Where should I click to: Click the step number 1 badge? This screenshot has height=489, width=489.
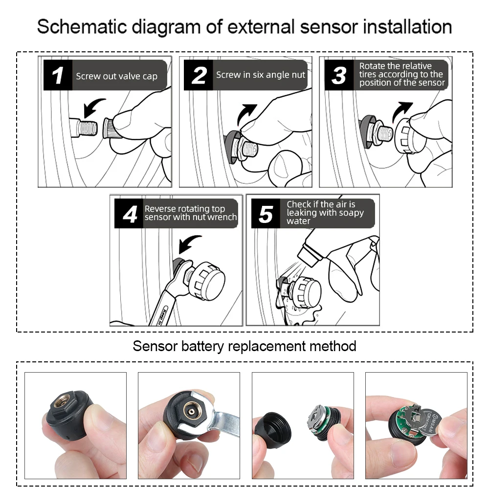pos(58,75)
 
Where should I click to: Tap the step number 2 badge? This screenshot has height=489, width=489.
pos(199,75)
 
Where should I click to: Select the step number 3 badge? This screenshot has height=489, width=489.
pos(339,75)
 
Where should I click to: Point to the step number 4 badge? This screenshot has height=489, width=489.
pos(129,214)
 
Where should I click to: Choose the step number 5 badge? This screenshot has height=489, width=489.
pos(266,214)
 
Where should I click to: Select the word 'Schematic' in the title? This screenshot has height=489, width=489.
pos(82,26)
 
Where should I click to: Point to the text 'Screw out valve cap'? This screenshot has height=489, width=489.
pos(117,76)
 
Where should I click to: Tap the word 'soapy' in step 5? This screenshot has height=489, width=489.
pos(351,213)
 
